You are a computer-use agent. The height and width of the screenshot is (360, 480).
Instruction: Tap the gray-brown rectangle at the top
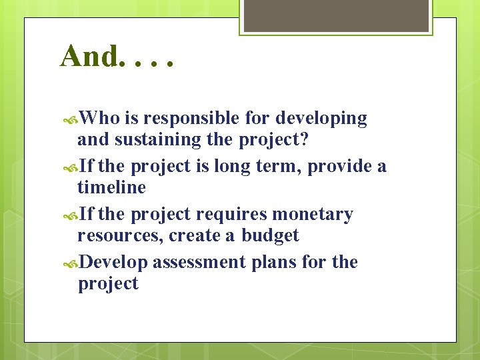tap(335, 15)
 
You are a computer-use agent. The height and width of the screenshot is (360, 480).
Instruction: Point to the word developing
tap(321, 119)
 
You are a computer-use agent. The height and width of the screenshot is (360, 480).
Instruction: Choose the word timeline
tap(111, 188)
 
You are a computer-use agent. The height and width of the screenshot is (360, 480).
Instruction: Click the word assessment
tap(199, 263)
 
